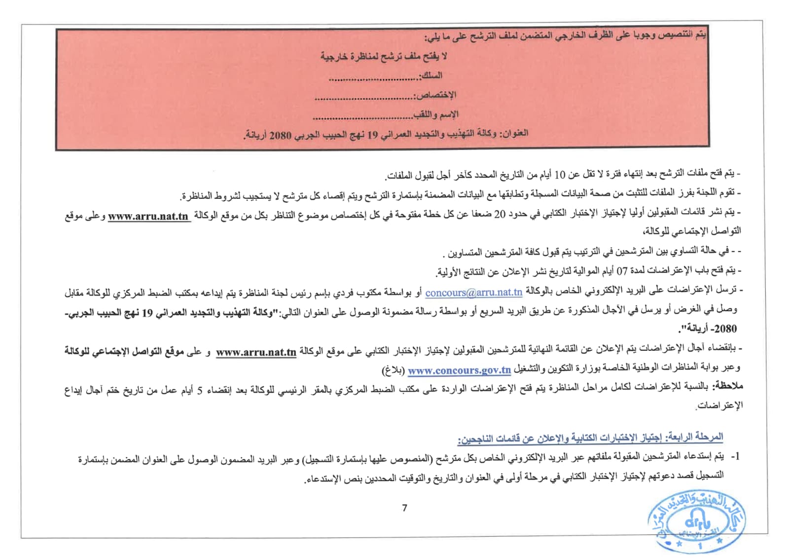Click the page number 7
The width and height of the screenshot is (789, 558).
click(404, 508)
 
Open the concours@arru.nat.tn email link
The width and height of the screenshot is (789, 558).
click(473, 293)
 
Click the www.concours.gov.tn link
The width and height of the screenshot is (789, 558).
click(459, 370)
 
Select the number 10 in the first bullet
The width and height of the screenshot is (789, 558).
click(560, 175)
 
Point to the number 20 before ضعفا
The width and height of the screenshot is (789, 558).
click(500, 214)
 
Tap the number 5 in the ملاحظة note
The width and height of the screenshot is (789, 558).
click(200, 390)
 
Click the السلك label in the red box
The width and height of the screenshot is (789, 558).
click(431, 75)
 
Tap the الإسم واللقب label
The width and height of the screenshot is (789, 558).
click(436, 114)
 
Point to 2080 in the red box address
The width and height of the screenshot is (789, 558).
click(281, 135)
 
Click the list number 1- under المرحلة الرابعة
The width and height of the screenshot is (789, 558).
click(735, 456)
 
